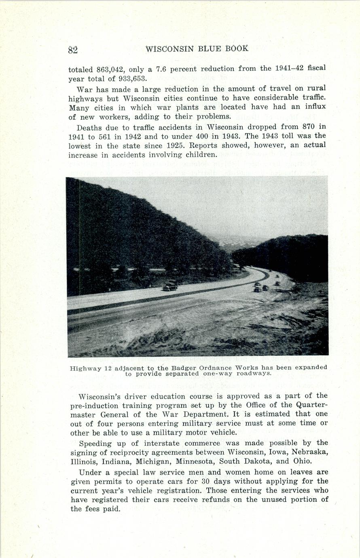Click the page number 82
coord(73,50)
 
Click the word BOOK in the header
coord(237,49)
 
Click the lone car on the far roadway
coord(170,285)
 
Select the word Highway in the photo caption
coord(85,368)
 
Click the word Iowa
coord(269,452)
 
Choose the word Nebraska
coord(309,452)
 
